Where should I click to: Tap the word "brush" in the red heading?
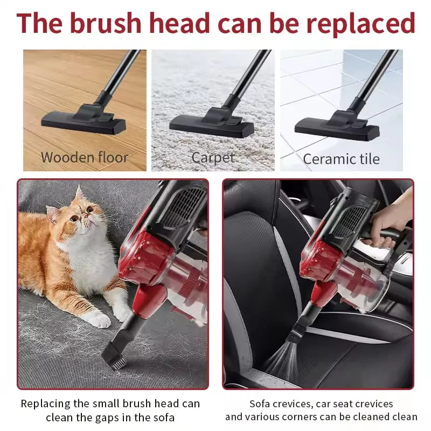106,23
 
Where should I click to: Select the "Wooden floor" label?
85,157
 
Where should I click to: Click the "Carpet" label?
213,158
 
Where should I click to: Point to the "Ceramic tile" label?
341,159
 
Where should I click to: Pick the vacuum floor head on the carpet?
211,123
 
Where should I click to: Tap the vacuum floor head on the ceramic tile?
337,126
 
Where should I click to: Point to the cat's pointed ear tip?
79,186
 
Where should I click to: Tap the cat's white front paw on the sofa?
97,319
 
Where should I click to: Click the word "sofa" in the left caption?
164,418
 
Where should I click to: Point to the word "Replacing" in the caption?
46,404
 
